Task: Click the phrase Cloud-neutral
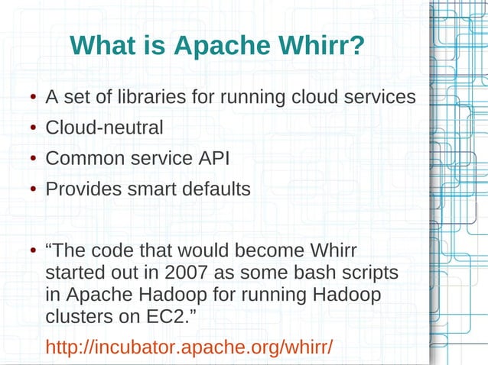(104, 128)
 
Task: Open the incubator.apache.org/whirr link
(190, 347)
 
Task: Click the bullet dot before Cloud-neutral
(34, 129)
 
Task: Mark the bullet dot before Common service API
(34, 160)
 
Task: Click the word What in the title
(102, 47)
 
